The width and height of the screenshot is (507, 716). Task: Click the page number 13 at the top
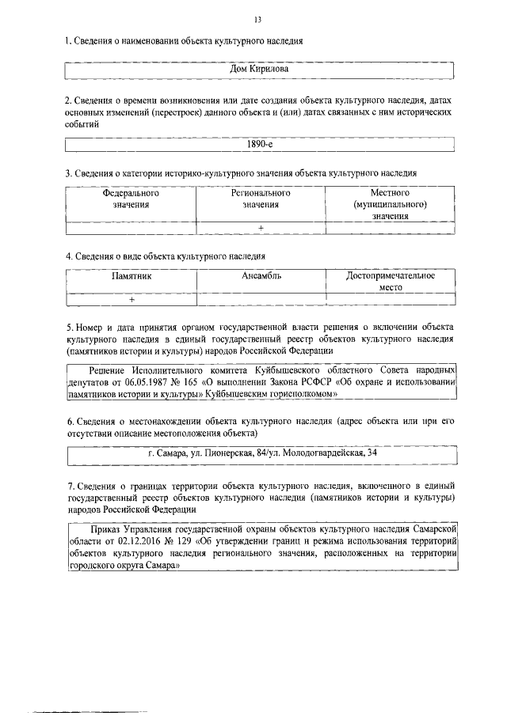click(x=258, y=19)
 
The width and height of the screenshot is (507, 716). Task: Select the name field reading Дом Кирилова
click(x=258, y=70)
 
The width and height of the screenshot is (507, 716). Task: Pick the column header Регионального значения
click(x=261, y=199)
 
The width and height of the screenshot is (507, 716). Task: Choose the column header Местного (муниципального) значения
click(x=390, y=204)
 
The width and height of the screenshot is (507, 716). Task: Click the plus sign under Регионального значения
click(x=260, y=228)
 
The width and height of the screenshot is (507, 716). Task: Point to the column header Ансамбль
click(x=261, y=276)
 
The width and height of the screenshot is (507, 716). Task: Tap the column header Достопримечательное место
click(x=391, y=282)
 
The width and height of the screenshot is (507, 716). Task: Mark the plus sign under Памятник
click(x=132, y=300)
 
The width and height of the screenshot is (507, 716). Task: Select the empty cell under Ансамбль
click(x=261, y=300)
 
